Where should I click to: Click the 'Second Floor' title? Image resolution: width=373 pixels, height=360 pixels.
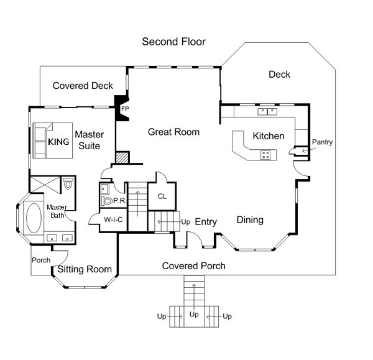pyautogui.click(x=173, y=42)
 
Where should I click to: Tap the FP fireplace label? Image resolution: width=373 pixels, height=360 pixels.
pyautogui.click(x=125, y=109)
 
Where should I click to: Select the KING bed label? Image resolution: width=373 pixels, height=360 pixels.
pyautogui.click(x=58, y=142)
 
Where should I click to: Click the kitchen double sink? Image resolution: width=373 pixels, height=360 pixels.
pyautogui.click(x=267, y=111)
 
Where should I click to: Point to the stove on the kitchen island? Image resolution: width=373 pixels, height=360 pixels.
pyautogui.click(x=265, y=155)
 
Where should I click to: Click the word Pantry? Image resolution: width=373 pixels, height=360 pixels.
pyautogui.click(x=322, y=142)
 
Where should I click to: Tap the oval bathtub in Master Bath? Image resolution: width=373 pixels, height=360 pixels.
pyautogui.click(x=34, y=218)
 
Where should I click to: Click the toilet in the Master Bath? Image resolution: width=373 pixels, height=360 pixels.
pyautogui.click(x=68, y=183)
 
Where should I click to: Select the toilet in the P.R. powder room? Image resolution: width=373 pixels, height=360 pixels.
pyautogui.click(x=106, y=201)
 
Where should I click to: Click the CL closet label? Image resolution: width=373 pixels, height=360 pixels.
pyautogui.click(x=162, y=196)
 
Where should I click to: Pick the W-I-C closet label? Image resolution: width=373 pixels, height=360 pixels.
pyautogui.click(x=113, y=219)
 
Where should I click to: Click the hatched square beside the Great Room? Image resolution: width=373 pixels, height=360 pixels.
pyautogui.click(x=122, y=158)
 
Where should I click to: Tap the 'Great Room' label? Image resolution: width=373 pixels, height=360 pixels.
pyautogui.click(x=173, y=132)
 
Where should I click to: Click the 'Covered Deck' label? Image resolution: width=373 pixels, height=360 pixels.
pyautogui.click(x=83, y=86)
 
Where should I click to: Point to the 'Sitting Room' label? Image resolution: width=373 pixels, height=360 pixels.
pyautogui.click(x=85, y=269)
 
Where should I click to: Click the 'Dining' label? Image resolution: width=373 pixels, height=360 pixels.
pyautogui.click(x=250, y=220)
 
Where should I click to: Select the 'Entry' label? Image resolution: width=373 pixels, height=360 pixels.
pyautogui.click(x=206, y=222)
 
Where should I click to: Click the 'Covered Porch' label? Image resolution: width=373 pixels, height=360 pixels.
pyautogui.click(x=193, y=265)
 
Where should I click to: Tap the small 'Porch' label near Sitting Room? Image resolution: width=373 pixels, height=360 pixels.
pyautogui.click(x=41, y=260)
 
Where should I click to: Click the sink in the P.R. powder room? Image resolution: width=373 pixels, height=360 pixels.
pyautogui.click(x=104, y=189)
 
